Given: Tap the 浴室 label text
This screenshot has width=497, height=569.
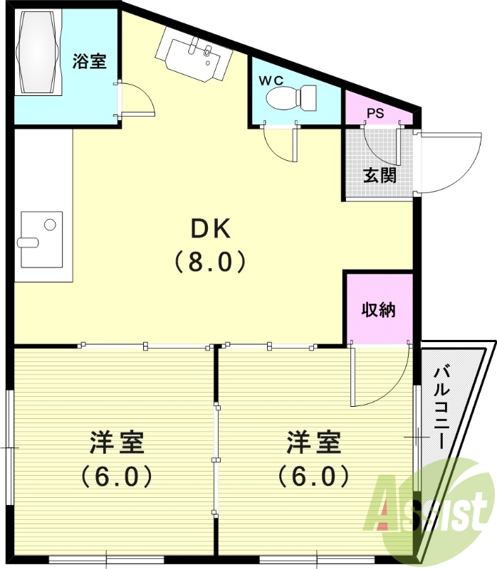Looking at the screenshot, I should (x=90, y=61).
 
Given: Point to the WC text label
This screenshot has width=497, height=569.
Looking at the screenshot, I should (x=271, y=80).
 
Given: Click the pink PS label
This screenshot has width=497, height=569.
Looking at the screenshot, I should (x=376, y=113).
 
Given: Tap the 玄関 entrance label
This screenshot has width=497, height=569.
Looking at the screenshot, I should (x=380, y=175).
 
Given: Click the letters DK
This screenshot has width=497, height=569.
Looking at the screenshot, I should (x=210, y=230).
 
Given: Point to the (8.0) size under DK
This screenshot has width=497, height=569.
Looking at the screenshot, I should (x=210, y=263).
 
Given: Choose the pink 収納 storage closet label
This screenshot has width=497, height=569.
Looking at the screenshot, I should (x=378, y=310).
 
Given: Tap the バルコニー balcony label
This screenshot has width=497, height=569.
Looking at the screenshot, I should (x=441, y=405).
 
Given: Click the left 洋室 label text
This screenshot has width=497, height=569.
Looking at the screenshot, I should (x=117, y=442).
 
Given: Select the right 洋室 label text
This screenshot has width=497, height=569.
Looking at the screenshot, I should (x=314, y=442).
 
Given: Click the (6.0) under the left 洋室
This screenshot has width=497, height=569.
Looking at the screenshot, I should (x=117, y=475).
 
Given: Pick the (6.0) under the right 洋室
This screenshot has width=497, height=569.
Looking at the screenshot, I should (x=314, y=475).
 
